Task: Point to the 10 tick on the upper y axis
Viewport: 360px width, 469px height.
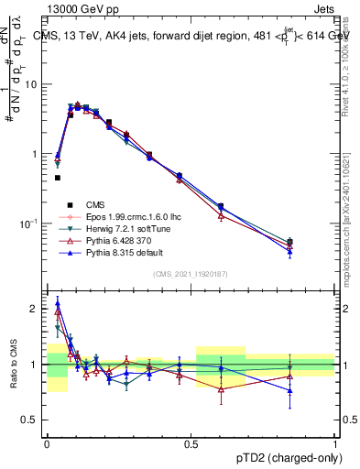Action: tap(35, 84)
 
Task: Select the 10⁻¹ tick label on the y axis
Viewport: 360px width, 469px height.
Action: tap(33, 224)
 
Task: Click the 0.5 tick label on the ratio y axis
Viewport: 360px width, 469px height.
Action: tap(34, 420)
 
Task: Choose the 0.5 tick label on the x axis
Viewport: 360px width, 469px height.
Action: tap(191, 443)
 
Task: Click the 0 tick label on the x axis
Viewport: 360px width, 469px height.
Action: tap(47, 443)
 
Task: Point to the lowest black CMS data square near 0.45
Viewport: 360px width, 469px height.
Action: tap(57, 178)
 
